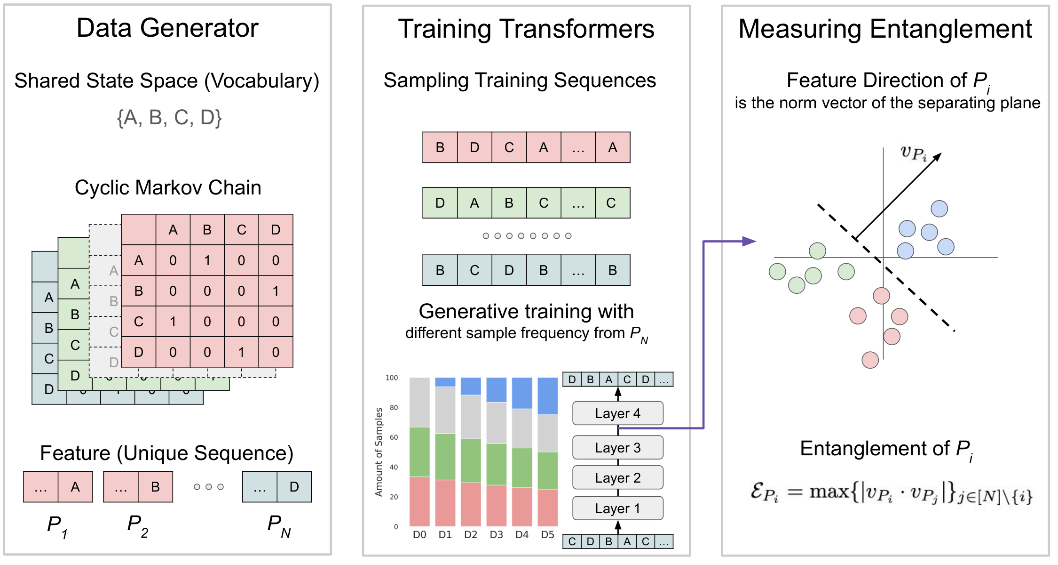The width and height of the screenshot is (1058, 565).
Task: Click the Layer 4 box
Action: click(617, 413)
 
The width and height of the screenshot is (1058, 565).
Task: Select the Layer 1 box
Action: click(617, 508)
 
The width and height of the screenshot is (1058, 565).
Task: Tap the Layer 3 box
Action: click(617, 448)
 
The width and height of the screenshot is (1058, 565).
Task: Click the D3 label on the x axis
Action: click(496, 535)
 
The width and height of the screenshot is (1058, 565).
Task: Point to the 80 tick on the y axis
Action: click(394, 408)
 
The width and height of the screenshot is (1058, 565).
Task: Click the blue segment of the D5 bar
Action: click(547, 395)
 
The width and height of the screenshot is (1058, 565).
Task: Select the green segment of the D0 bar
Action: click(419, 452)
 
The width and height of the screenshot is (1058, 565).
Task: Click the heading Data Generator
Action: click(167, 28)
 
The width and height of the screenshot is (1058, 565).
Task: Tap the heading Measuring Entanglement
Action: click(885, 29)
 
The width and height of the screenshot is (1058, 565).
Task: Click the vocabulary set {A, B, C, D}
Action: click(169, 118)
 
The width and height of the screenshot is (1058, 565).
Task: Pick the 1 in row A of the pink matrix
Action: click(207, 260)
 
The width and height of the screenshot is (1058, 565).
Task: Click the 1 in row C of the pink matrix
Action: click(173, 322)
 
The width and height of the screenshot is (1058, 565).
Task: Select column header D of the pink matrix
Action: click(276, 230)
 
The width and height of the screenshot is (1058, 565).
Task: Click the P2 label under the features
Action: click(138, 525)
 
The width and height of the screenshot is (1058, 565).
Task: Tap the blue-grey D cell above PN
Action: click(294, 487)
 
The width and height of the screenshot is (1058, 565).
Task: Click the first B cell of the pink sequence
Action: click(440, 148)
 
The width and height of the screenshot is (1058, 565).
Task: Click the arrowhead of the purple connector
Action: click(750, 242)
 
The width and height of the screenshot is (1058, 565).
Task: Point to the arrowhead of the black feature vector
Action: click(937, 157)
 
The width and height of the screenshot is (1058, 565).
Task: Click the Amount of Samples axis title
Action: click(379, 452)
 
